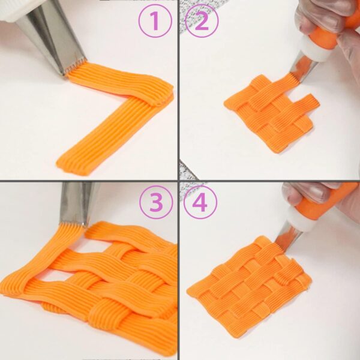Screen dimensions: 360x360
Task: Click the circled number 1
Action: [155, 20]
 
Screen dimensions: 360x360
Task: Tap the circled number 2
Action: [202, 20]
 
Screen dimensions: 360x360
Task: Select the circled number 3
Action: [156, 202]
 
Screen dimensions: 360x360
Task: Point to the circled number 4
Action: [200, 202]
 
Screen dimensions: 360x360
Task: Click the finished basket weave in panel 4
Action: [249, 286]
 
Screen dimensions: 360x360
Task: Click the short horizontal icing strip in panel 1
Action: [119, 84]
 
